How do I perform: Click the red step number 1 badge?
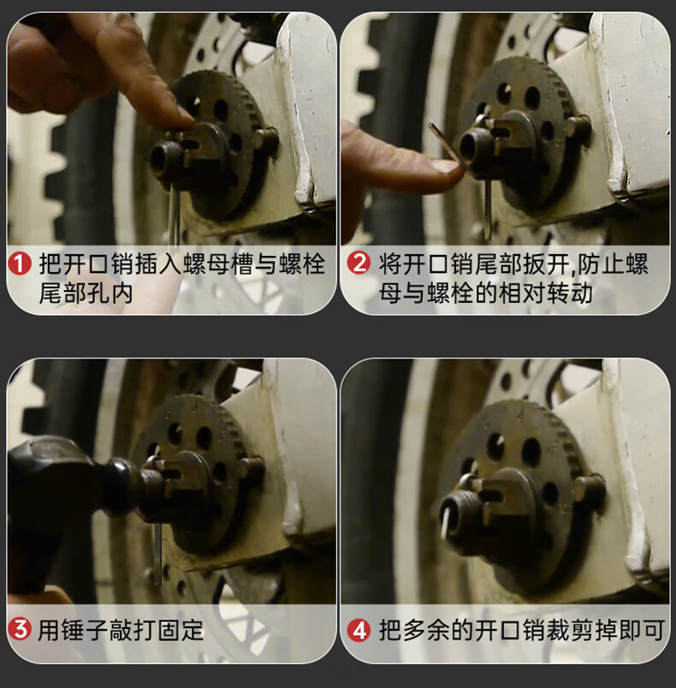click(20, 264)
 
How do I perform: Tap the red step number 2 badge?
click(359, 263)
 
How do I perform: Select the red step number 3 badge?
click(20, 629)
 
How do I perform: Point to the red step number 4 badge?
click(359, 630)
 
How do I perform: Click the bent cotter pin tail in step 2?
click(445, 144)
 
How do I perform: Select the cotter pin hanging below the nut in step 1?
click(175, 215)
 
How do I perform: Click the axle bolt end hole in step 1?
click(159, 158)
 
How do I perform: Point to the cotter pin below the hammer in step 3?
click(157, 553)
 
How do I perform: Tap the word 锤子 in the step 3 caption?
click(85, 631)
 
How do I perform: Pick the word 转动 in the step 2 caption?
click(569, 294)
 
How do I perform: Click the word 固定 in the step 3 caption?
click(181, 631)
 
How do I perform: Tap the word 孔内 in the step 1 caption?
click(110, 294)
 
